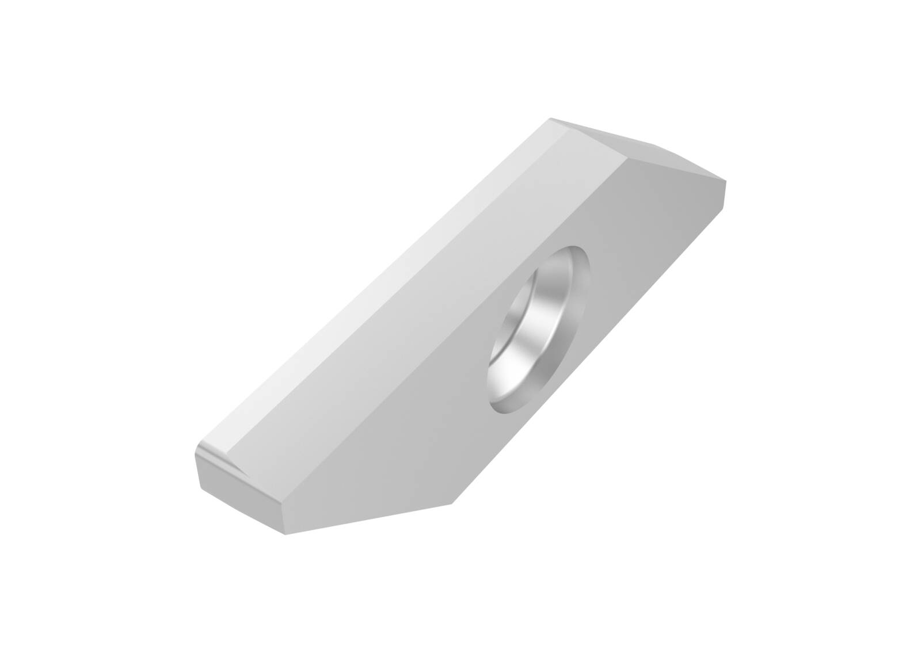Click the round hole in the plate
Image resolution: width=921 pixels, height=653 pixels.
539,330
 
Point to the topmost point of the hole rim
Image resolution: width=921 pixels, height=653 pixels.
576,247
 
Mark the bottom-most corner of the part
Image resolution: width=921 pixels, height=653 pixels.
286,534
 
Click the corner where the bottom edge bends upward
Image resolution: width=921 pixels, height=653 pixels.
452,504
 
